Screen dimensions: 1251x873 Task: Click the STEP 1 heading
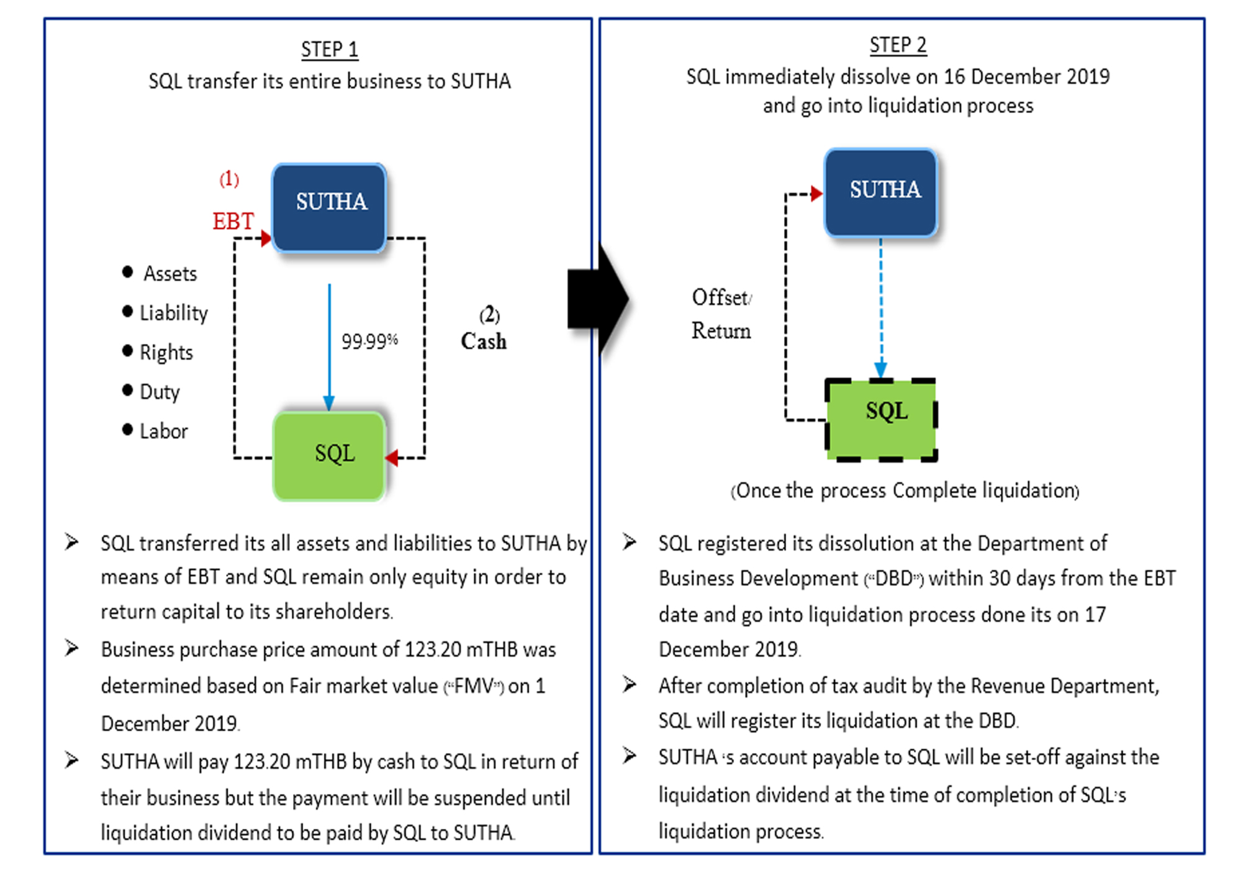tap(330, 49)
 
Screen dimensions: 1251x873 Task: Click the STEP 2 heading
tap(898, 45)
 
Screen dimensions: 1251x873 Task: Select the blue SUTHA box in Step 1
tap(329, 207)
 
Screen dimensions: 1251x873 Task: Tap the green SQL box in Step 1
tap(329, 456)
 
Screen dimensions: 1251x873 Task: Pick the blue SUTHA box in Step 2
tap(880, 192)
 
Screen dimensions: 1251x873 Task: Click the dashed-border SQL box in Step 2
tap(881, 419)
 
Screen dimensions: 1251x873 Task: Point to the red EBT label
tap(233, 221)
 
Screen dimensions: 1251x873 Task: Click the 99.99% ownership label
tap(369, 341)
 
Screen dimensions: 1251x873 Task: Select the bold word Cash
tap(484, 341)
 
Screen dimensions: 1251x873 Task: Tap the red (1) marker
tap(229, 179)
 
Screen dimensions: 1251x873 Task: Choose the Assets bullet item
tap(160, 273)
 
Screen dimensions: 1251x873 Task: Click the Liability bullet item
tap(165, 312)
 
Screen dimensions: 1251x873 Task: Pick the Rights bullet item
tap(158, 352)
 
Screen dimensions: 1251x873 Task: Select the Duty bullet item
tap(151, 392)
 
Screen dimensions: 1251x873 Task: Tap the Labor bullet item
tap(155, 431)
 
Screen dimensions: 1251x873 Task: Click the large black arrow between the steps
tap(598, 299)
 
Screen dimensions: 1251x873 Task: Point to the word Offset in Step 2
tap(721, 297)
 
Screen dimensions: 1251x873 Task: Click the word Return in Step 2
tap(721, 330)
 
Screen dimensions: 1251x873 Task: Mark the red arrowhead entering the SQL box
tap(391, 458)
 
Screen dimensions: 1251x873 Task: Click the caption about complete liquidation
tap(905, 491)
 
